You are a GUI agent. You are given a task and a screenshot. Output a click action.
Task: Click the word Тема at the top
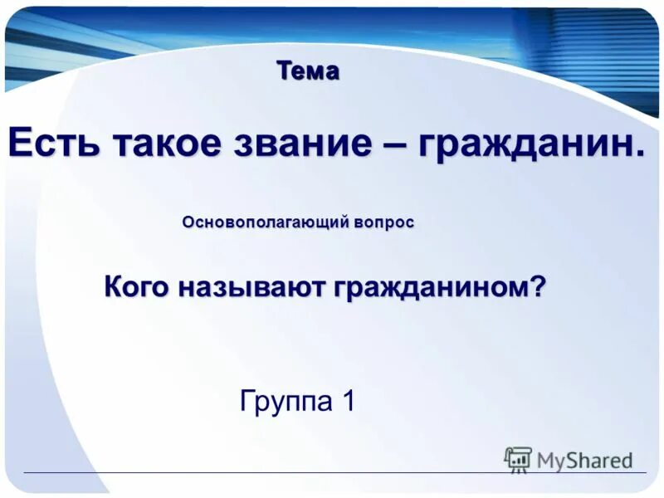(308, 71)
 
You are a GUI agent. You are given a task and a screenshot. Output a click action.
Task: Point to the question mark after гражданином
(539, 287)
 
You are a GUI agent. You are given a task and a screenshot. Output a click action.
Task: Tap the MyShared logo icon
(518, 459)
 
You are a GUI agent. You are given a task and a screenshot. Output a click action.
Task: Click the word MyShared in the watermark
(584, 460)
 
